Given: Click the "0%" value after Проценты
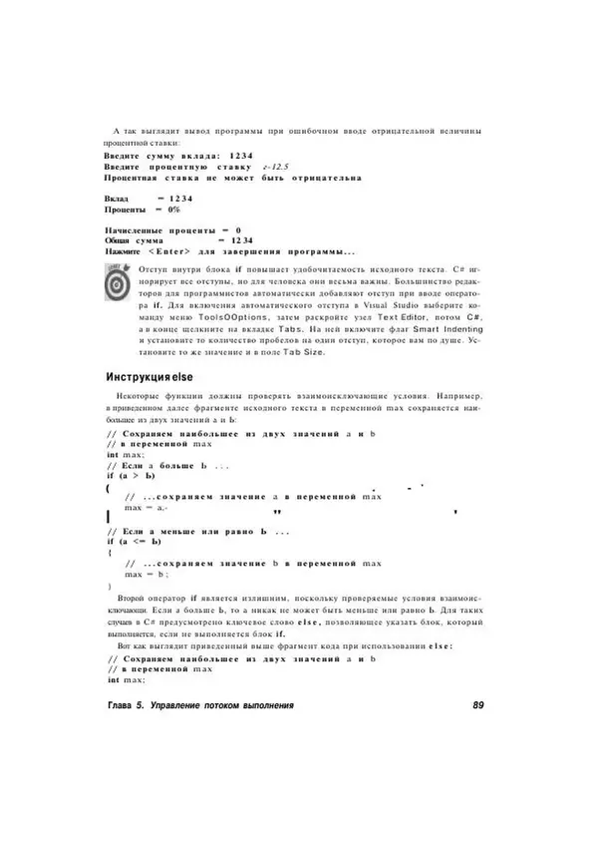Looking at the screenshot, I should pos(173,210).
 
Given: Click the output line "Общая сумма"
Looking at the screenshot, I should pos(135,240).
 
